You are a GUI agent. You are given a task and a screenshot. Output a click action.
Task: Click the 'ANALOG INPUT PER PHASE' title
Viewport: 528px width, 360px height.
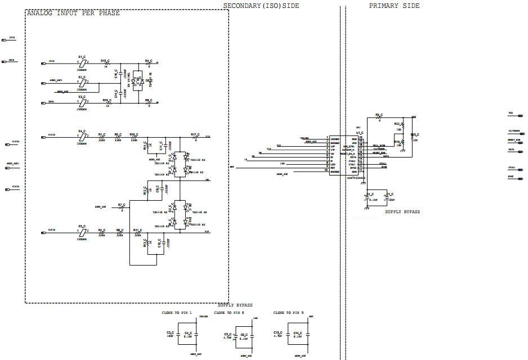click(x=73, y=13)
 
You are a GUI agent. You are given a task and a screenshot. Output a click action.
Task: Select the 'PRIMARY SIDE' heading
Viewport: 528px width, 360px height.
click(x=394, y=6)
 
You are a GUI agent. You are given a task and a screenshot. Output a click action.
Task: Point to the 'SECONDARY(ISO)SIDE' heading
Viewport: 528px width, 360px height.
click(x=261, y=6)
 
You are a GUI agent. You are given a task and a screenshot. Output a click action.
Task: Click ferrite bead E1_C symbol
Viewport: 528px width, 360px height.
click(x=82, y=62)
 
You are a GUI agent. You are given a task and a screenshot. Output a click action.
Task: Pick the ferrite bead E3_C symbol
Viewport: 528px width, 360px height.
click(x=82, y=102)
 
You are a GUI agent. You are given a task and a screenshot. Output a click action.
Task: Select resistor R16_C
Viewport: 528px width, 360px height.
click(x=106, y=103)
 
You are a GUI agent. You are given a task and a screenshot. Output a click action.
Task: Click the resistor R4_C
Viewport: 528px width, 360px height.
click(x=149, y=63)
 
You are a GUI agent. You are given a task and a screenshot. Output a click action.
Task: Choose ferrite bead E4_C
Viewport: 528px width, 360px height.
click(x=82, y=137)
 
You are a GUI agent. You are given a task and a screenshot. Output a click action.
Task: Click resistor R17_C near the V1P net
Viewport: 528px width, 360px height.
click(x=195, y=137)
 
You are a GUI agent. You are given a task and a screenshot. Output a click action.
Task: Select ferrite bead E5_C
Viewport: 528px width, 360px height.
click(x=82, y=232)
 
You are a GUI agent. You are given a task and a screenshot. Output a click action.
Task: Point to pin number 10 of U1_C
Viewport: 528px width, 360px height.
click(x=326, y=170)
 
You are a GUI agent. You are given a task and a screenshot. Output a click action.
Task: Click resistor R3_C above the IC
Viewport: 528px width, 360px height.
click(x=379, y=118)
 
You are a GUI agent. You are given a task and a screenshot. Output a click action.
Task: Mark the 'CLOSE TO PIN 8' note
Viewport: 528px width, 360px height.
click(x=229, y=312)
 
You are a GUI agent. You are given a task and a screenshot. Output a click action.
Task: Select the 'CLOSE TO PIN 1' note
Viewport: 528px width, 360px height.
click(x=177, y=312)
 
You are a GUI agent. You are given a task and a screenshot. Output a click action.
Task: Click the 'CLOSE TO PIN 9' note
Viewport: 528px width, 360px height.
click(x=289, y=312)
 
